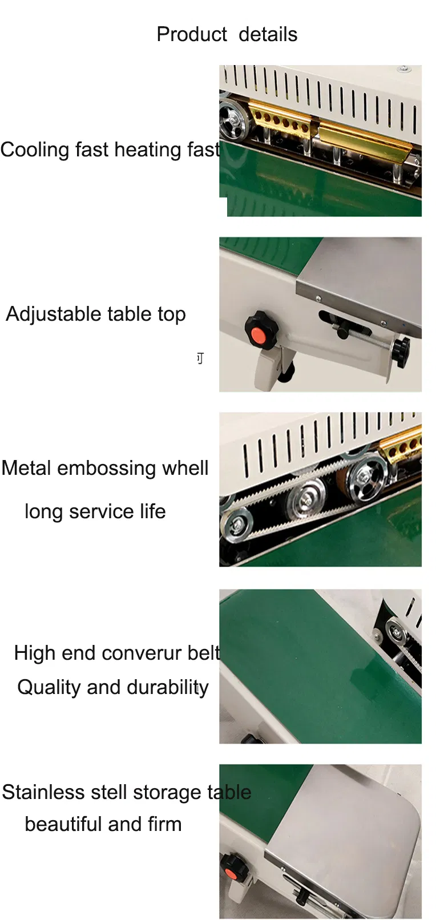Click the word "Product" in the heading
click(x=192, y=34)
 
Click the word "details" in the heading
click(x=268, y=34)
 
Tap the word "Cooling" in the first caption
click(x=35, y=150)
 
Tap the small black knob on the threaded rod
click(x=400, y=349)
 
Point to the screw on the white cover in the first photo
click(x=405, y=68)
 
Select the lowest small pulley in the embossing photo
click(x=236, y=524)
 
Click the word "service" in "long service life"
click(x=102, y=512)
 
